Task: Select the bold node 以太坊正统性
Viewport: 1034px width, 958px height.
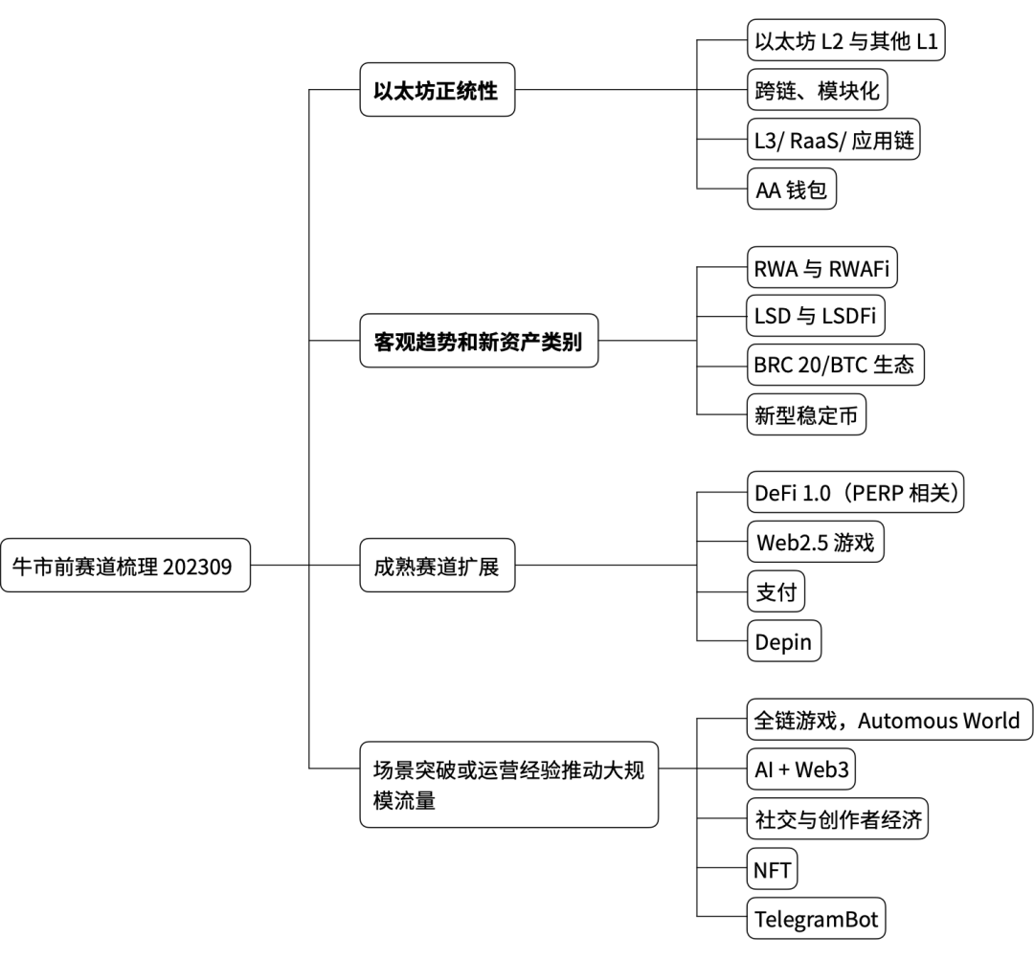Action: (437, 92)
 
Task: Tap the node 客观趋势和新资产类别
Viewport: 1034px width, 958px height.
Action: (479, 339)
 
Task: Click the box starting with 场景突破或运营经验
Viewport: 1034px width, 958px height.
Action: (508, 784)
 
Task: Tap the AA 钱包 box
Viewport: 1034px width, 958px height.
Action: (792, 191)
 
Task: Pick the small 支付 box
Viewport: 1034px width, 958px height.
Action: (775, 592)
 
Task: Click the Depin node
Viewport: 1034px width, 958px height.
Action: (784, 641)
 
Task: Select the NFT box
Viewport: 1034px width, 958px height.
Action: (772, 870)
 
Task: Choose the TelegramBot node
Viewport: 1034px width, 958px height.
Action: (816, 920)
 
